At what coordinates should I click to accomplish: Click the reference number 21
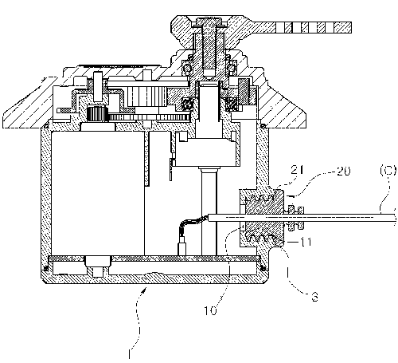click(297, 170)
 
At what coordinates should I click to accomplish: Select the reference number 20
click(343, 172)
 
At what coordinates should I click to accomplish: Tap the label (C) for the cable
click(388, 171)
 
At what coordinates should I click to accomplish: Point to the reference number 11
click(306, 242)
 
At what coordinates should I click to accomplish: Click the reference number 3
click(314, 297)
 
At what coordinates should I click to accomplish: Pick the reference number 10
click(210, 310)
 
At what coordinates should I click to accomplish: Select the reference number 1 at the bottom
click(129, 354)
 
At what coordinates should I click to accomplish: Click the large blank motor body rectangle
click(98, 193)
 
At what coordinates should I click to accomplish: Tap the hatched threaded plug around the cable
click(262, 218)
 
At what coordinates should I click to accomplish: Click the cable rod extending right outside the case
click(340, 218)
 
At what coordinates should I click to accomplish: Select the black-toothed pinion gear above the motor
click(97, 113)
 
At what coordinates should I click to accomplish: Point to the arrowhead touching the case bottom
click(144, 290)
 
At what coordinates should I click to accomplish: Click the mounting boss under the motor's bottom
click(97, 266)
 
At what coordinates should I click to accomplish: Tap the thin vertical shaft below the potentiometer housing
click(209, 213)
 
